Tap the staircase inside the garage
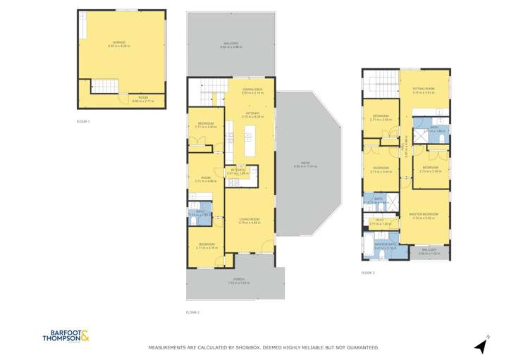coord(104,87)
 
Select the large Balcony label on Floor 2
coord(231,46)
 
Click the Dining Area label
coord(252,90)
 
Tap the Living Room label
coord(250,221)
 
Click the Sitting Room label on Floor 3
coord(424,89)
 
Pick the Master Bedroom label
coord(425,215)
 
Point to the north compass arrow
coord(481,345)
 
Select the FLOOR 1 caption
coord(84,122)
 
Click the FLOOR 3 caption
coord(368,272)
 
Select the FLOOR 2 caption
coord(193,312)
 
